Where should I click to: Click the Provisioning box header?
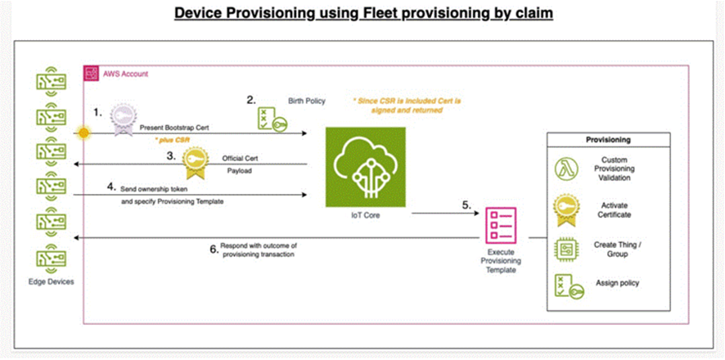607,140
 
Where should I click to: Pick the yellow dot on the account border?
83,132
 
